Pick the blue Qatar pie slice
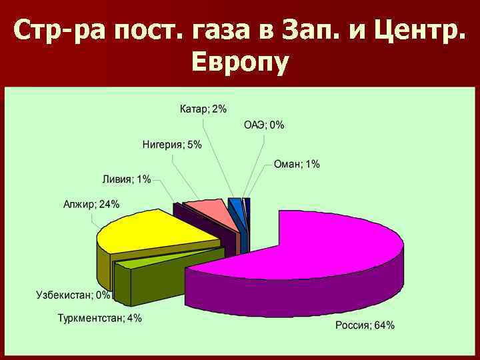point(235,203)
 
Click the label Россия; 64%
point(363,325)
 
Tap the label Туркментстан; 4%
point(99,318)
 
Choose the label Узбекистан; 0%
point(74,295)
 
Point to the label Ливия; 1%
point(127,179)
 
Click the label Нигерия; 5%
point(172,145)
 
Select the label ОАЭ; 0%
point(264,125)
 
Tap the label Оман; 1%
point(297,164)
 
